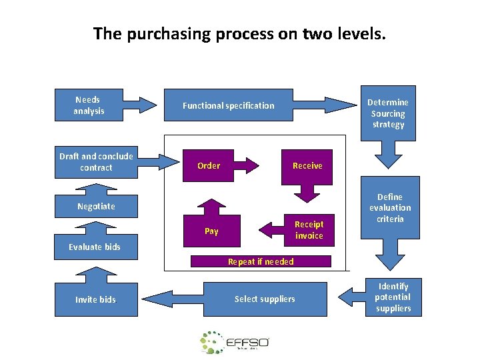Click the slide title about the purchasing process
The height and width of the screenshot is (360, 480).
click(239, 33)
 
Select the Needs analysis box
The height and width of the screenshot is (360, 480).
click(89, 105)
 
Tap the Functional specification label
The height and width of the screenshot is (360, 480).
click(228, 105)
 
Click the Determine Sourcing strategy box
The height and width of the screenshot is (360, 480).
click(389, 113)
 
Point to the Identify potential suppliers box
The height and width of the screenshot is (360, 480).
click(393, 297)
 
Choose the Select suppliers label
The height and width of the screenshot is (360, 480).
click(265, 299)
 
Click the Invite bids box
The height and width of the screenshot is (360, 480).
click(95, 299)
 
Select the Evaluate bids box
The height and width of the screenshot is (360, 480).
click(95, 247)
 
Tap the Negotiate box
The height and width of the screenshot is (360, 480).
click(96, 206)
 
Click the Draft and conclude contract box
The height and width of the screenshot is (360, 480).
click(96, 162)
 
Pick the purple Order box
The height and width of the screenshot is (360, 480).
click(209, 165)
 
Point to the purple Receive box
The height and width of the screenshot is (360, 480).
click(307, 165)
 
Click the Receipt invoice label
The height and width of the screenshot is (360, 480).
click(309, 230)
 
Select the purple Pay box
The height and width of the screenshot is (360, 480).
click(211, 231)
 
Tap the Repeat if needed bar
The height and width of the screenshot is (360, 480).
click(261, 261)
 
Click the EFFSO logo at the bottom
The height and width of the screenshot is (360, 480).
click(235, 342)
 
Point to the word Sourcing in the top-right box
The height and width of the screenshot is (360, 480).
click(389, 113)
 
